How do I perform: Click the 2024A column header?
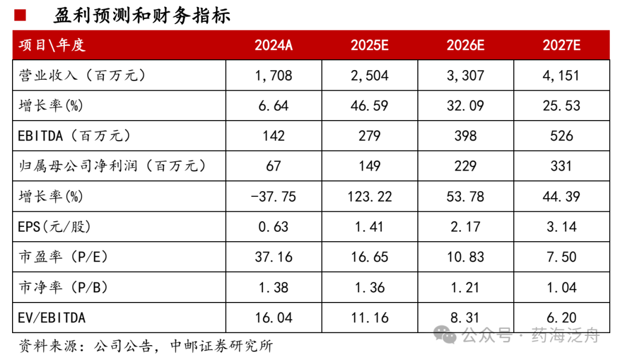(x=273, y=45)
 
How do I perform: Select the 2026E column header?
(x=465, y=45)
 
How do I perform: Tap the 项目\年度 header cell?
(x=52, y=45)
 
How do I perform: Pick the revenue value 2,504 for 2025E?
(x=369, y=75)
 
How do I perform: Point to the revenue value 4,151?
(x=561, y=75)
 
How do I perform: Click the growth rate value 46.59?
(x=369, y=106)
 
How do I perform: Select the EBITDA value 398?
(x=465, y=136)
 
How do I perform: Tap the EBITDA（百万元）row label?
(x=75, y=136)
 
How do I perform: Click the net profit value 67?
(x=273, y=166)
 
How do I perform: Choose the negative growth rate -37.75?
(x=273, y=196)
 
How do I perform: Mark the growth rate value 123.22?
(x=369, y=196)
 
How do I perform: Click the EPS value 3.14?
(x=561, y=227)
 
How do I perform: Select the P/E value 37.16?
(x=273, y=257)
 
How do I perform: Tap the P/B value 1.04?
(x=561, y=287)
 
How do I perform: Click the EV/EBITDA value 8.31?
(x=465, y=318)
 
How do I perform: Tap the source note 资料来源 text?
(x=146, y=346)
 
